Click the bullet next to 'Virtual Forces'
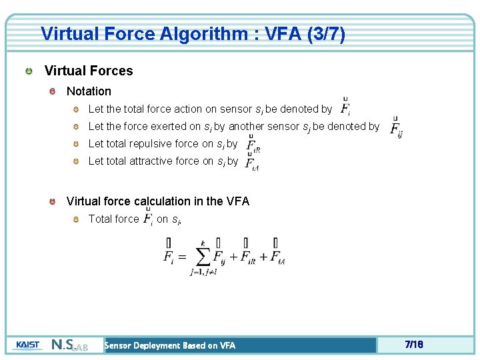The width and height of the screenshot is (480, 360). [x=29, y=71]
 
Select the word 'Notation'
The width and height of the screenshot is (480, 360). [x=89, y=91]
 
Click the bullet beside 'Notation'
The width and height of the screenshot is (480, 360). [x=52, y=91]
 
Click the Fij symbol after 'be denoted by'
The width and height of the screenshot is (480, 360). [x=395, y=127]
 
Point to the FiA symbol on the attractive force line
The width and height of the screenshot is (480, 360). [x=251, y=162]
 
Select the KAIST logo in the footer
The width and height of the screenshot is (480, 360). [x=27, y=345]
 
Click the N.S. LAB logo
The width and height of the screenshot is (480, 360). [x=69, y=345]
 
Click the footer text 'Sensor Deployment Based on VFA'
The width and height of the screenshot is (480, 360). [x=170, y=345]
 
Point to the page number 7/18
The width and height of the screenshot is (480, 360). [x=413, y=345]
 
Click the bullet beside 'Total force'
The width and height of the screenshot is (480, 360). [x=76, y=219]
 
